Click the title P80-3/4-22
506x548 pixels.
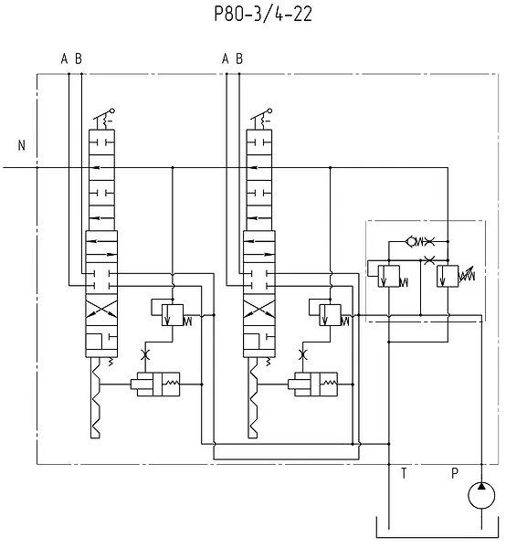[263, 15]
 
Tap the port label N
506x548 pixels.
[22, 145]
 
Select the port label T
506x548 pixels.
[404, 473]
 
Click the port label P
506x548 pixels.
[455, 473]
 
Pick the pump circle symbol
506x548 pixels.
[481, 495]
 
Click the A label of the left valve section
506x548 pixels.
[64, 58]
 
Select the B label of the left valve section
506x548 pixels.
[79, 58]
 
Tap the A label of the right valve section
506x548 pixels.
[225, 58]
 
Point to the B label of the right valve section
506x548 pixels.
[239, 58]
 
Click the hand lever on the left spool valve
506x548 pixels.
[104, 119]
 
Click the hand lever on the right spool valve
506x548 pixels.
[261, 119]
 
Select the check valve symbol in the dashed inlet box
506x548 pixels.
[412, 241]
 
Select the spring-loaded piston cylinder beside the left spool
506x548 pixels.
[155, 385]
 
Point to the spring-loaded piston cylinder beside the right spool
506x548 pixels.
[312, 385]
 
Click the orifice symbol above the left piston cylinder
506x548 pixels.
[144, 355]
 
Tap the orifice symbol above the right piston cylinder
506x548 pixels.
[302, 355]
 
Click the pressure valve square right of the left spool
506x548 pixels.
[173, 315]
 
